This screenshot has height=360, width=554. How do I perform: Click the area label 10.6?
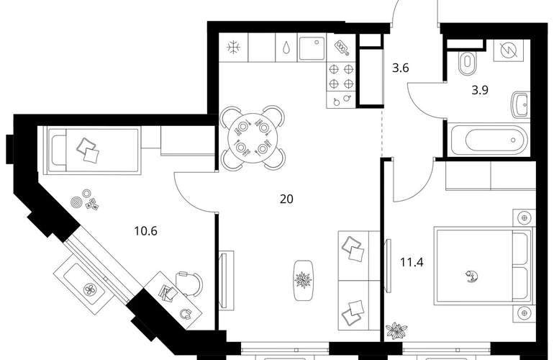(145, 231)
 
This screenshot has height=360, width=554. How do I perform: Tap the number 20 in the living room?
(286, 199)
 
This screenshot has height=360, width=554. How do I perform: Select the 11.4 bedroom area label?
(412, 262)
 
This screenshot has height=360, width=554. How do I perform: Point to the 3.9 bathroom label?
(480, 90)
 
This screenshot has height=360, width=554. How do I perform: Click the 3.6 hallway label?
(401, 68)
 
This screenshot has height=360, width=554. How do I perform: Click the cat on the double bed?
(471, 276)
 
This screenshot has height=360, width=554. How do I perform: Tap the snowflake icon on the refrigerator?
(233, 48)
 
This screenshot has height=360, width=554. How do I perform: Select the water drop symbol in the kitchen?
(286, 48)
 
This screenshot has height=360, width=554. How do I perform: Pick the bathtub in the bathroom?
(489, 140)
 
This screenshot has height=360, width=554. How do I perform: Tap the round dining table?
(253, 138)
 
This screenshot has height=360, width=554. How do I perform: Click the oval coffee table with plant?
(304, 280)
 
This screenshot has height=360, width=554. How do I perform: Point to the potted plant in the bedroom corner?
(396, 330)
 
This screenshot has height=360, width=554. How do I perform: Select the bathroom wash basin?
(520, 104)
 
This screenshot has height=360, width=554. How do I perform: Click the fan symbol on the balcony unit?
(89, 290)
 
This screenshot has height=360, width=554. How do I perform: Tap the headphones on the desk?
(186, 313)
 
